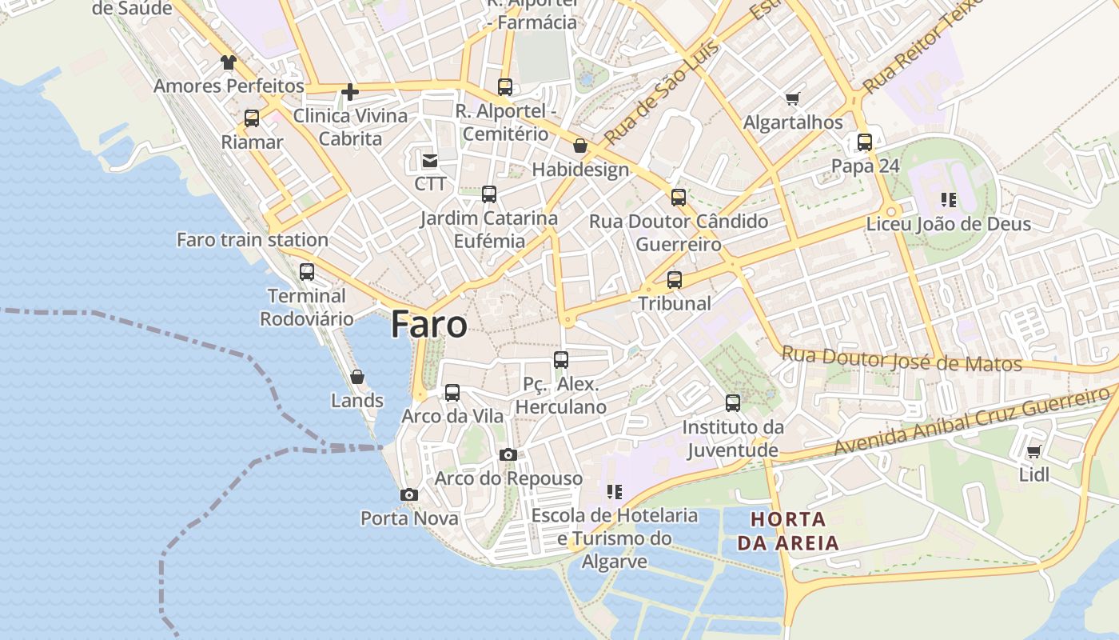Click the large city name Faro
[x=429, y=325]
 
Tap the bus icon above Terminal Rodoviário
[x=307, y=272]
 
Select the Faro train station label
[x=252, y=239]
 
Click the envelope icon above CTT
[x=430, y=161]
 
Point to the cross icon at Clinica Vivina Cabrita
[x=349, y=92]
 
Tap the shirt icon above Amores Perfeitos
[x=229, y=62]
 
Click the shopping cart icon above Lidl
[x=1033, y=452]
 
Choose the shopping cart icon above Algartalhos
[x=792, y=99]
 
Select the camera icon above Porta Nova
[x=409, y=495]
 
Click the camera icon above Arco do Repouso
[x=508, y=455]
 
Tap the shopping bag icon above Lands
[x=357, y=377]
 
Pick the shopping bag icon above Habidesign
[x=580, y=146]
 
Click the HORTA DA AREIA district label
[x=788, y=531]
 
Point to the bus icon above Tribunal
[x=675, y=280]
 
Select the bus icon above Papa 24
[x=865, y=142]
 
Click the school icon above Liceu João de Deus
[x=949, y=200]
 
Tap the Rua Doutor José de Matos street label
[x=902, y=358]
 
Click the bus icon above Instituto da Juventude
[x=733, y=403]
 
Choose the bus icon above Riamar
[x=252, y=118]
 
